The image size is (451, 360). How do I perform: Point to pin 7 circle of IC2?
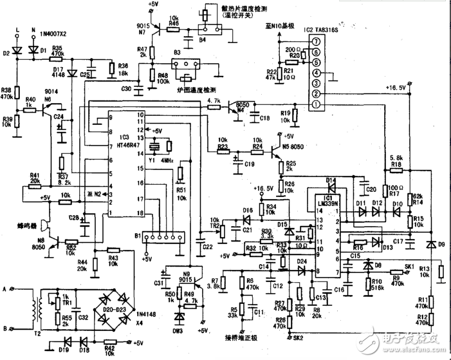pyautogui.click(x=316, y=42)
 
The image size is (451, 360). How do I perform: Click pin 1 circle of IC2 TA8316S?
pyautogui.click(x=316, y=105)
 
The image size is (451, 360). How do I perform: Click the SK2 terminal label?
pyautogui.click(x=297, y=337)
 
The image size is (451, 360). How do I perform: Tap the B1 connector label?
pyautogui.click(x=136, y=236)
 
